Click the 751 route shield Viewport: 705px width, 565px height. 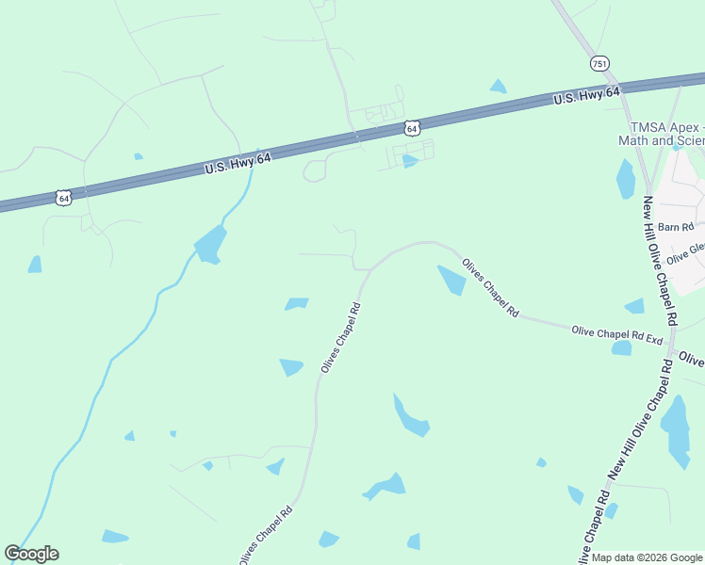point(599,63)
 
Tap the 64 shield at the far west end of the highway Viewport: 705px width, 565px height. point(63,198)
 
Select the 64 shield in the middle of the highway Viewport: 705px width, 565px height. point(412,127)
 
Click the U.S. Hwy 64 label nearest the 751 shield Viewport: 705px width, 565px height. point(586,94)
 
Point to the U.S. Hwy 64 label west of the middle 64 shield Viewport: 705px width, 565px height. point(238,164)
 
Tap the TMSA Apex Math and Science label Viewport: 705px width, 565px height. point(664,134)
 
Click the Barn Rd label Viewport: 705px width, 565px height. point(675,227)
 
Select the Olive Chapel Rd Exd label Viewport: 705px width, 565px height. point(617,334)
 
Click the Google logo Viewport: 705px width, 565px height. point(31,554)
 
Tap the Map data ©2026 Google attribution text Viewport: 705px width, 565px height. point(647,557)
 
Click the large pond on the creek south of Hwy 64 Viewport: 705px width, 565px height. point(211,245)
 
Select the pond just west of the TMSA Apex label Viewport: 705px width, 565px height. point(625,179)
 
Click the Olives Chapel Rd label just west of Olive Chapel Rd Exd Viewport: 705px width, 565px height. point(489,286)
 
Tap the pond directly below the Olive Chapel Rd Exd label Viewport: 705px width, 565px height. point(621,348)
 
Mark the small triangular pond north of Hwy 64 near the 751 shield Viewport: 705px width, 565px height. point(498,87)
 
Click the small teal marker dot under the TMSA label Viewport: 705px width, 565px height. point(676,147)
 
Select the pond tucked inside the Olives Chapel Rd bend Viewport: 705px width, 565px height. point(452,279)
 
